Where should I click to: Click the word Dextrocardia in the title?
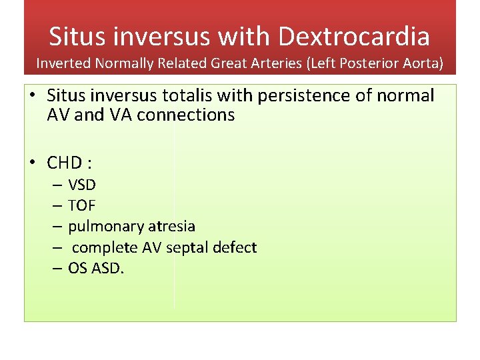(x=354, y=36)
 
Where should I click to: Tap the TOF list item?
(x=81, y=206)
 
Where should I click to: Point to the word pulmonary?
(x=101, y=227)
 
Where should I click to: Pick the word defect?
(x=237, y=248)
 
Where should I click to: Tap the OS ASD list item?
(x=96, y=269)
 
